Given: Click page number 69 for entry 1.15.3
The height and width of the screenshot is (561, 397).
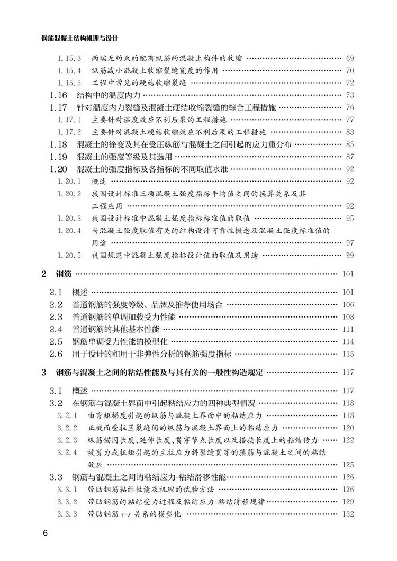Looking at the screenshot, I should click(x=349, y=58).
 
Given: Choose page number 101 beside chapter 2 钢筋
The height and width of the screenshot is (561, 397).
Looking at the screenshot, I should click(x=347, y=274).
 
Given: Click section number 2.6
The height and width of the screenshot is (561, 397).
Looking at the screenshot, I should click(x=56, y=354).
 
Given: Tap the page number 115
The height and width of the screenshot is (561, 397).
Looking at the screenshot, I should click(x=347, y=354).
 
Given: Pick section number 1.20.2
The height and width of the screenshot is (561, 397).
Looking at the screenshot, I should click(x=69, y=193).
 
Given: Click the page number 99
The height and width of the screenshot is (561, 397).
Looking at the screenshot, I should click(x=349, y=255).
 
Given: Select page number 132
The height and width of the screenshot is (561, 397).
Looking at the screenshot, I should click(x=347, y=514).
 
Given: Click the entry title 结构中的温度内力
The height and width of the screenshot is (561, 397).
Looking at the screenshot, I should click(x=111, y=96).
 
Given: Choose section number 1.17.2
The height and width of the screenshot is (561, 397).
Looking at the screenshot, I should click(x=69, y=132).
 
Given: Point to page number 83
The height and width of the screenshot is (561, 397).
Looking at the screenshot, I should click(x=349, y=132).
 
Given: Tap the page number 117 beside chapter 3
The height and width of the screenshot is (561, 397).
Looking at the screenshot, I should click(x=347, y=373).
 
